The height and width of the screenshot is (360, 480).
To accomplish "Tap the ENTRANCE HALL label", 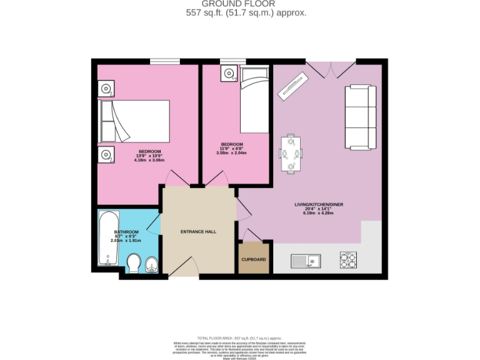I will (198, 232).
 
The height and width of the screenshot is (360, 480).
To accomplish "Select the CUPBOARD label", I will (254, 259).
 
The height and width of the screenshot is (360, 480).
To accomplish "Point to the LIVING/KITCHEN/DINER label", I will (319, 204).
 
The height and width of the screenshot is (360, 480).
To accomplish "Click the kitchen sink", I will (306, 260).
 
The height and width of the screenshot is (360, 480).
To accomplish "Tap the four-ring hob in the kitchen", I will (348, 259).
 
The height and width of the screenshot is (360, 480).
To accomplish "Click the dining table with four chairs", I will (291, 153).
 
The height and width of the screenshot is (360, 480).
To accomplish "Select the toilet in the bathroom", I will (134, 264).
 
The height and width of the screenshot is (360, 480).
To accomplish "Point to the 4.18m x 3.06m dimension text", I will (149, 160).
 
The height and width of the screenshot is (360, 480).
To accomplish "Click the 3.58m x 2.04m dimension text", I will (231, 152).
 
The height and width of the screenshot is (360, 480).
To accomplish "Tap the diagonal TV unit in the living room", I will (293, 85).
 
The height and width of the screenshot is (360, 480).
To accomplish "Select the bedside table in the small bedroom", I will (228, 73).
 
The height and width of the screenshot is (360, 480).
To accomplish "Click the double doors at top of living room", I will (331, 69).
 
